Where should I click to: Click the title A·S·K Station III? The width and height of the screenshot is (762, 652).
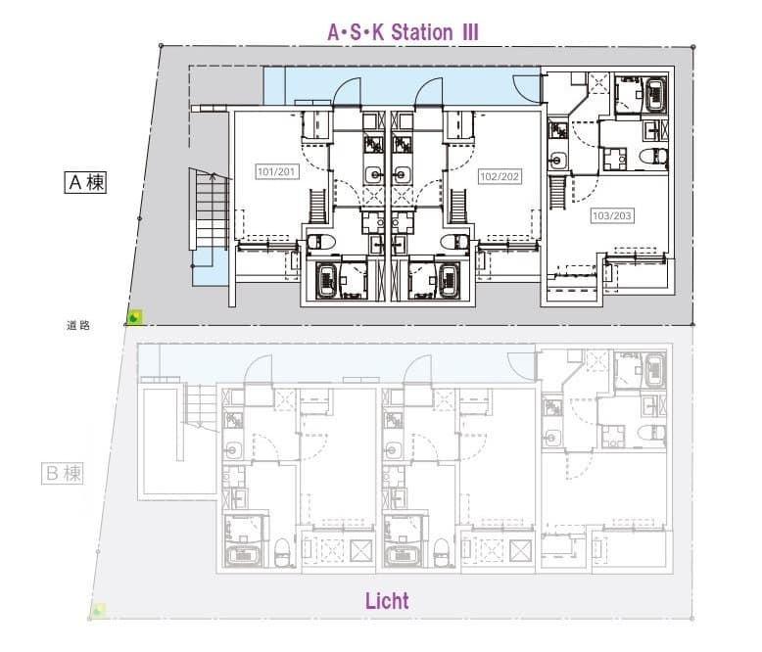tap(403, 32)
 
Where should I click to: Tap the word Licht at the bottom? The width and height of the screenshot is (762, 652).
tap(387, 601)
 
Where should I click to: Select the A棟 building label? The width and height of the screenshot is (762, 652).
tap(85, 182)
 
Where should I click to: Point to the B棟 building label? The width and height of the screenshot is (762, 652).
tap(63, 473)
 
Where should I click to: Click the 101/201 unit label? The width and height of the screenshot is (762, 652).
tap(276, 171)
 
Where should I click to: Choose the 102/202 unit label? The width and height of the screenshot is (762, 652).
tap(500, 176)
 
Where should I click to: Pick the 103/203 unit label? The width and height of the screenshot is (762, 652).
tap(612, 215)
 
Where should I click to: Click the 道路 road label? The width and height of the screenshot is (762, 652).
tap(78, 326)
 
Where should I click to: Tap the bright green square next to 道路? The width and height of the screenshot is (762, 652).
tap(134, 317)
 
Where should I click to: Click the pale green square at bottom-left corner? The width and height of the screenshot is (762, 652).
tap(98, 610)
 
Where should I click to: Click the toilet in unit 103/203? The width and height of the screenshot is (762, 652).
tap(653, 158)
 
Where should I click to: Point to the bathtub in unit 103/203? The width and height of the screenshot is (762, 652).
tap(655, 94)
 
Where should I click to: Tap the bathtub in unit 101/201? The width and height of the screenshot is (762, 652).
tap(327, 280)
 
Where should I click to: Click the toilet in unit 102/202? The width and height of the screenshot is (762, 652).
tap(455, 242)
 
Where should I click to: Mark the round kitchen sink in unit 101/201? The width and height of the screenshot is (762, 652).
tap(374, 174)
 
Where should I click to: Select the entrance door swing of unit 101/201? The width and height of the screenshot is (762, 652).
tap(347, 91)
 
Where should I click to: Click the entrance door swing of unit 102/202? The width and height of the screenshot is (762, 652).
tap(429, 91)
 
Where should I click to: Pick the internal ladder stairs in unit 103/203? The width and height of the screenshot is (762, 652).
tap(557, 193)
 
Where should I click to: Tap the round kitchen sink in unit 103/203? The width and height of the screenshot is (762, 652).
tap(557, 160)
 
